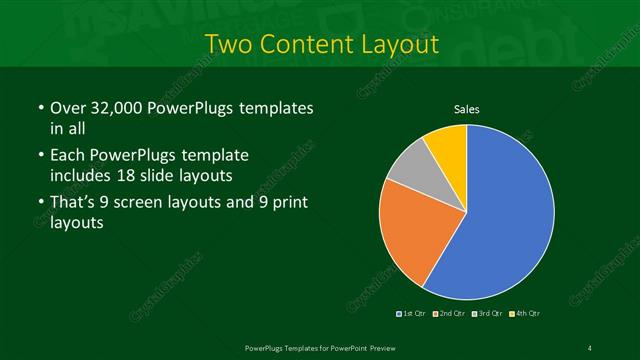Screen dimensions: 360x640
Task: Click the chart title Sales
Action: coord(467,108)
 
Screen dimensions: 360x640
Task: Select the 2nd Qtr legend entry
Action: coord(451,313)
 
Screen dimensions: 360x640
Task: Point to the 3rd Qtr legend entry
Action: coord(488,313)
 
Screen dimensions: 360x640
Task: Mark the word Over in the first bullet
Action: coord(68,107)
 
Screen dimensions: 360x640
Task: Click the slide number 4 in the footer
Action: coord(590,347)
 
